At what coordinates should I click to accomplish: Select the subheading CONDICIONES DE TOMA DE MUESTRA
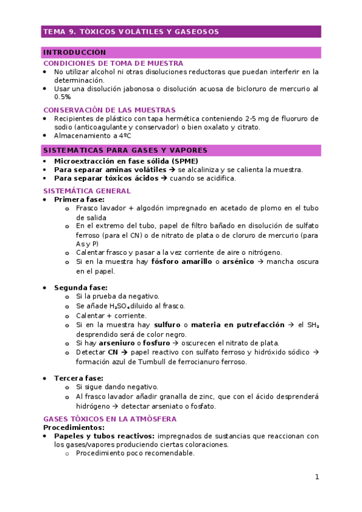113,63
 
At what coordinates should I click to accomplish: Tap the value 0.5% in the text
62,97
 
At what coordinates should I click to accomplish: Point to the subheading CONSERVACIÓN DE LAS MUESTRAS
109,110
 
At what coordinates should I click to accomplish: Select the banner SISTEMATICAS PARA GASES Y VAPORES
125,150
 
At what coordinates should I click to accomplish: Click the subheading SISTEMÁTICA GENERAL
87,191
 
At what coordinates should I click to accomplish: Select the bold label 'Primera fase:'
79,199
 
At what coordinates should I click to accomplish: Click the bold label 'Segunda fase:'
81,287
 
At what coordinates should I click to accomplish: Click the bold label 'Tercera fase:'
79,378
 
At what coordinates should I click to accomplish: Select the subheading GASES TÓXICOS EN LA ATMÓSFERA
110,418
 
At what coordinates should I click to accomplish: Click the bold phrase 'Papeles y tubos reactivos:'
104,435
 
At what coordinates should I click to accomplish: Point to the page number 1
316,477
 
